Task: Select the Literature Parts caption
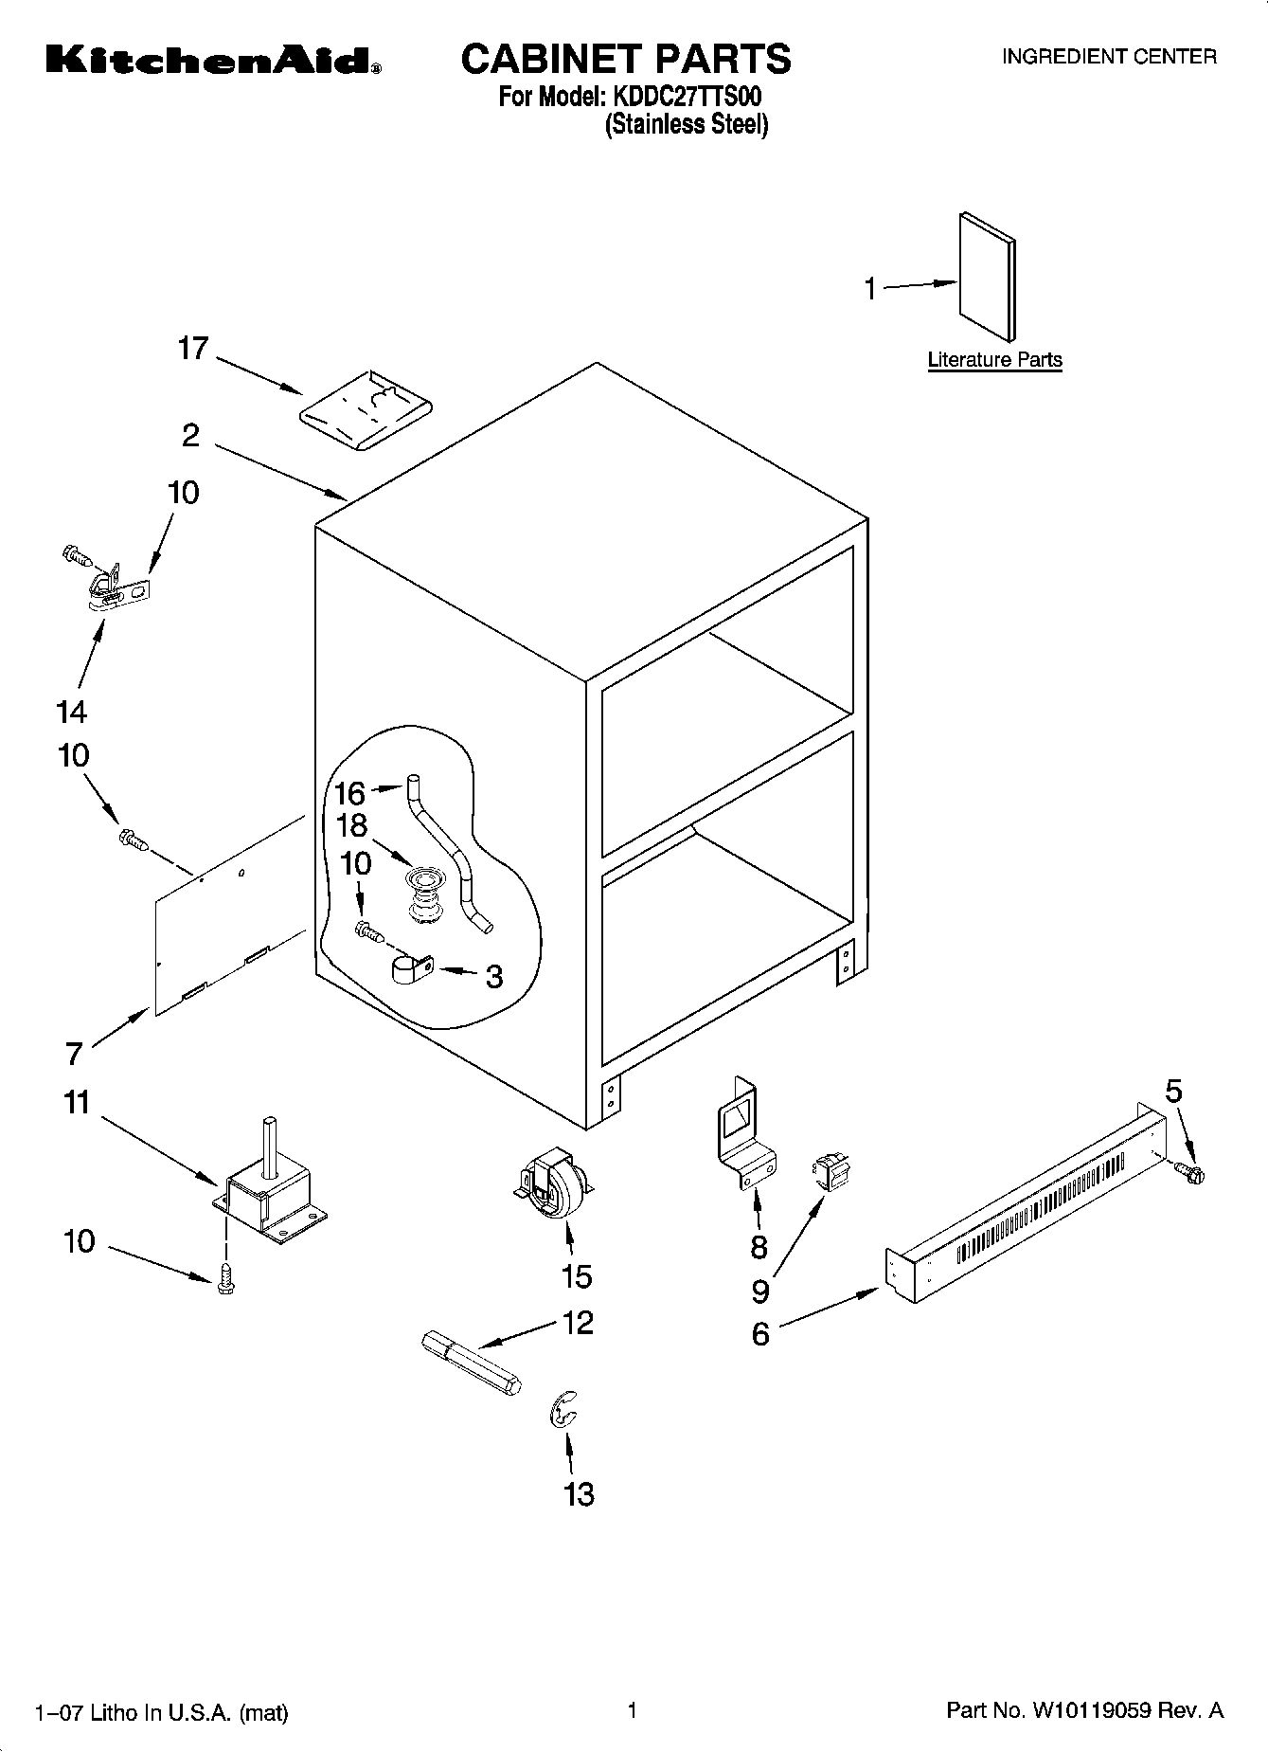point(994,360)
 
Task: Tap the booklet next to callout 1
point(988,276)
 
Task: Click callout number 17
point(193,349)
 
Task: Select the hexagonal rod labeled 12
point(470,1365)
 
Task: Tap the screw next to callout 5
point(1191,1174)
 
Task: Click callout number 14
point(72,712)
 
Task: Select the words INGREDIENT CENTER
point(1109,57)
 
